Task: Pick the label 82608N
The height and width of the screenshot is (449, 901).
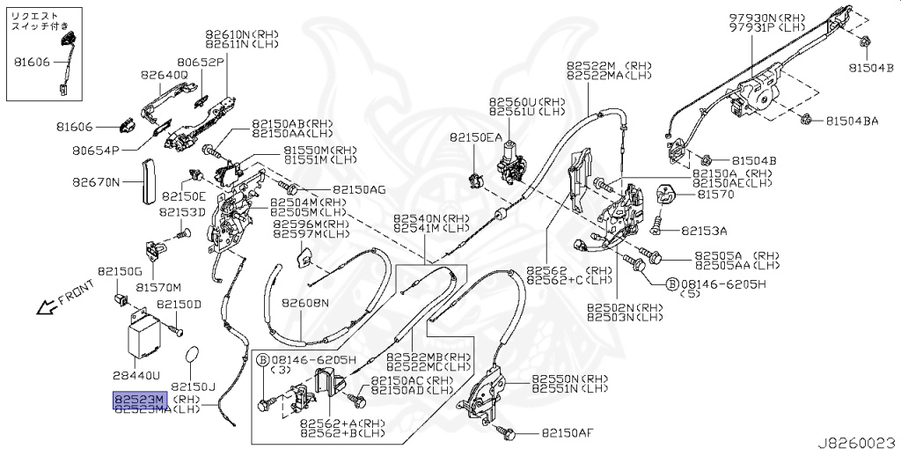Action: [x=305, y=303]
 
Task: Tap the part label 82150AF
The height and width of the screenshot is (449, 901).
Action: [x=568, y=433]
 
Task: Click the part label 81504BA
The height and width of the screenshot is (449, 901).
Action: [x=851, y=121]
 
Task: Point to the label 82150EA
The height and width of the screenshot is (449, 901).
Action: [x=476, y=137]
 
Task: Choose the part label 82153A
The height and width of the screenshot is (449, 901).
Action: [x=704, y=231]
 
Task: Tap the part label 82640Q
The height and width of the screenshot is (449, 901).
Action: [x=165, y=75]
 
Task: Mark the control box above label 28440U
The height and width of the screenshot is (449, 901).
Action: [x=144, y=334]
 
